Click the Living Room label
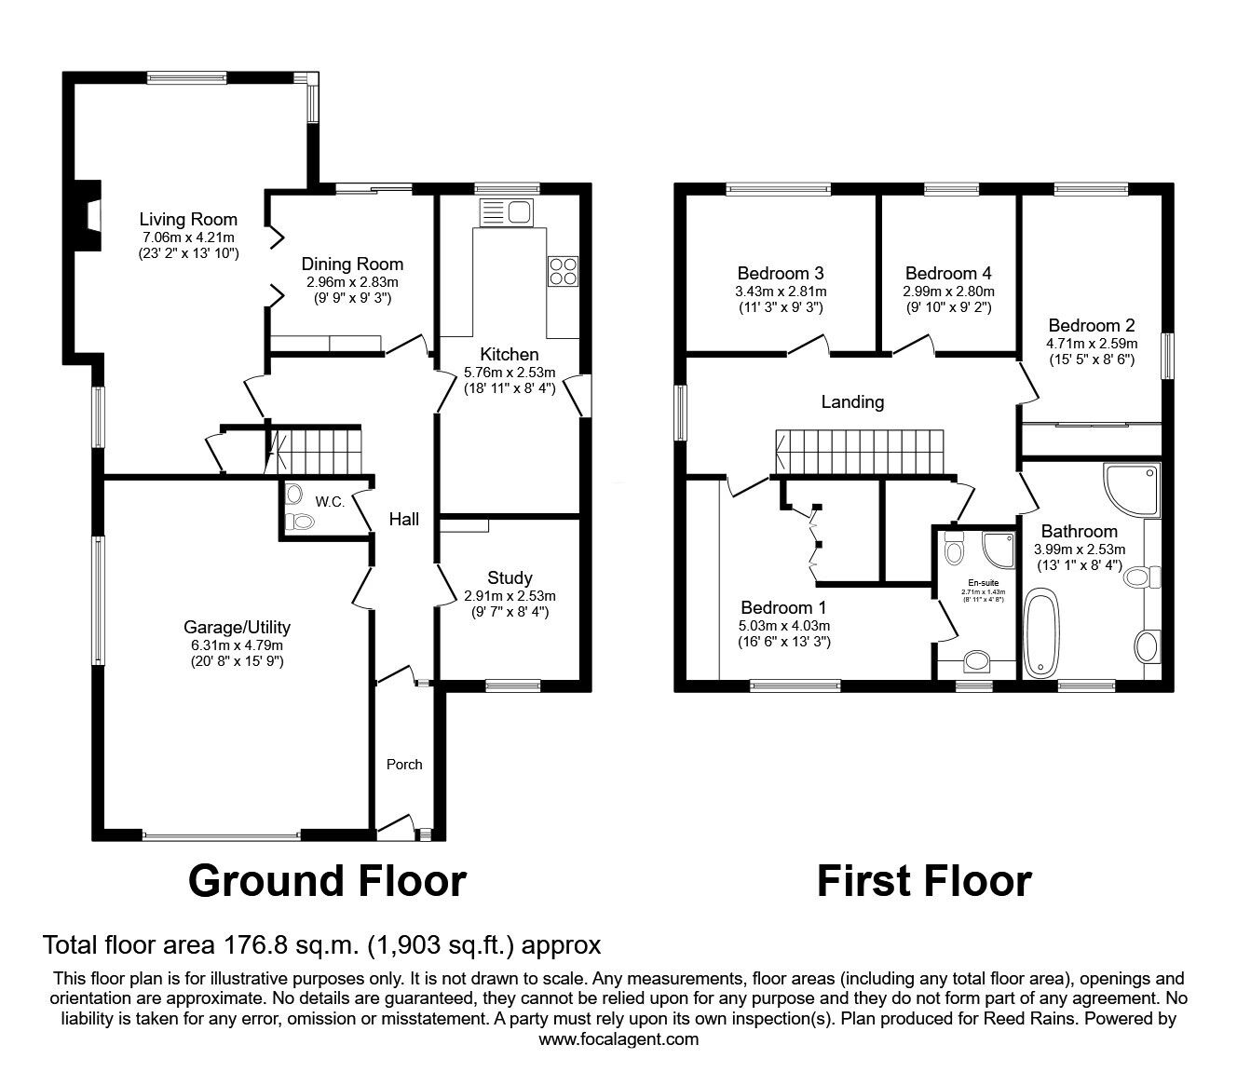[188, 220]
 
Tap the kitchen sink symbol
[504, 212]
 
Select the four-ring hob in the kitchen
[563, 271]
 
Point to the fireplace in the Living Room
[88, 214]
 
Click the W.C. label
[330, 502]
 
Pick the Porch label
[404, 764]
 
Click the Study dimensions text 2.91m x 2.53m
[510, 596]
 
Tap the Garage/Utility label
[237, 627]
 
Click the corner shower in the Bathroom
[1130, 491]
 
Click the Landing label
[852, 402]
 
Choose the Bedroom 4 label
[948, 273]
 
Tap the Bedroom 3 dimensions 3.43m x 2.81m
[781, 290]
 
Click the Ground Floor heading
[327, 880]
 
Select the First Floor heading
[924, 880]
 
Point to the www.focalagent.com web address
[618, 1038]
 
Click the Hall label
[404, 520]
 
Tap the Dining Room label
[353, 264]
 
